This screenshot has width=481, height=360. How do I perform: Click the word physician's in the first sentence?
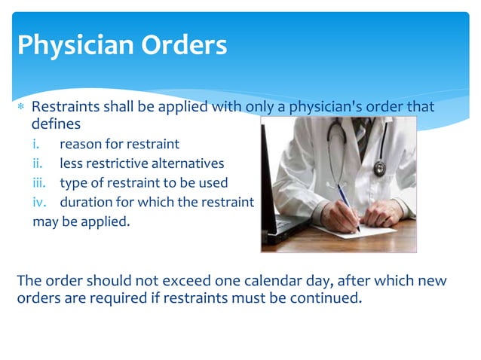pyautogui.click(x=331, y=107)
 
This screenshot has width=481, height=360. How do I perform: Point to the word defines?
pyautogui.click(x=55, y=124)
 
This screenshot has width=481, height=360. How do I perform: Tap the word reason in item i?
pyautogui.click(x=79, y=144)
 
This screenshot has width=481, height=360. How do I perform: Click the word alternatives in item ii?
pyautogui.click(x=186, y=163)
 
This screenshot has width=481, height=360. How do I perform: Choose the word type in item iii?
pyautogui.click(x=73, y=183)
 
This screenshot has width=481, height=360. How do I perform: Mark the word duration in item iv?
pyautogui.click(x=85, y=203)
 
